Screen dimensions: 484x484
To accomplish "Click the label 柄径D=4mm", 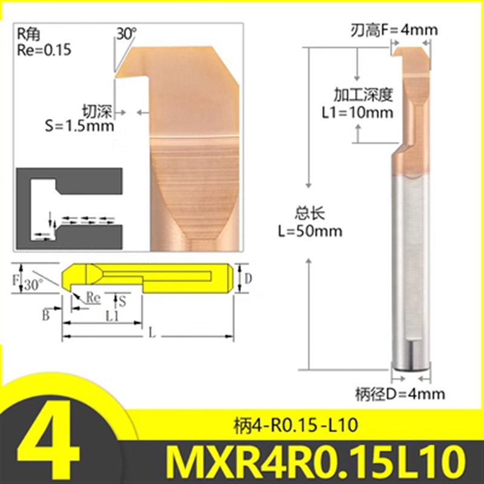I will (x=400, y=394).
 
